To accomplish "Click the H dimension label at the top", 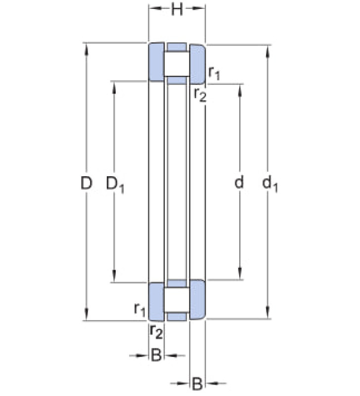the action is coord(177,10).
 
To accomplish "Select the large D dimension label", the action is coord(86,183).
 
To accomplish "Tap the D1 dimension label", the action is coord(115,184).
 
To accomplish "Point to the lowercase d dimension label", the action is coord(239,182).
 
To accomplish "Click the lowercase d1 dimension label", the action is coord(270,183).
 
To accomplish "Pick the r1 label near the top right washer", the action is coord(214,73).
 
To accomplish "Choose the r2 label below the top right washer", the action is coord(200,95).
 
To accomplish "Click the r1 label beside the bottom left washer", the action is coord(140,309).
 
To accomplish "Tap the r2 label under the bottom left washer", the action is coord(156,332).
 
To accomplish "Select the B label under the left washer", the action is coord(156,355).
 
